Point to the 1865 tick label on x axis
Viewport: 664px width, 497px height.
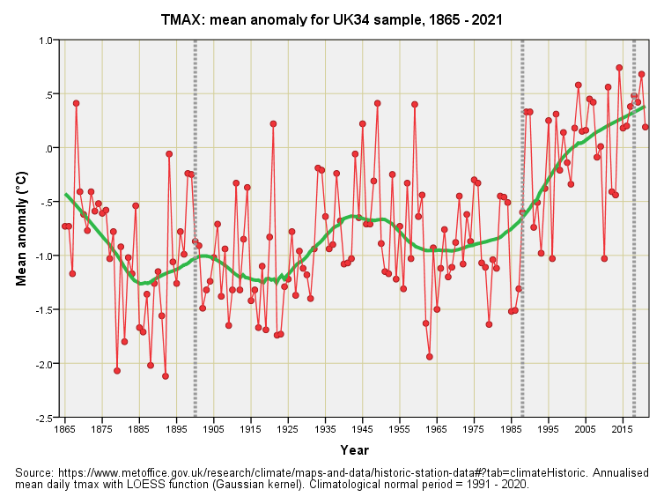[x=65, y=430]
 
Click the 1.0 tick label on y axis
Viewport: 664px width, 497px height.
[x=44, y=41]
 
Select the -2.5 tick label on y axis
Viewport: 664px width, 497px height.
[x=42, y=418]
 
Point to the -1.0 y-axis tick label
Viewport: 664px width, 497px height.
[x=42, y=256]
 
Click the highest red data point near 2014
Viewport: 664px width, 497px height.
[x=619, y=68]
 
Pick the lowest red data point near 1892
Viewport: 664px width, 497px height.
[x=166, y=376]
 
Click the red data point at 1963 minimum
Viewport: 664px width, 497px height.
[x=430, y=357]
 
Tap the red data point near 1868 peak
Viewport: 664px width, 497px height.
[x=77, y=103]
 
